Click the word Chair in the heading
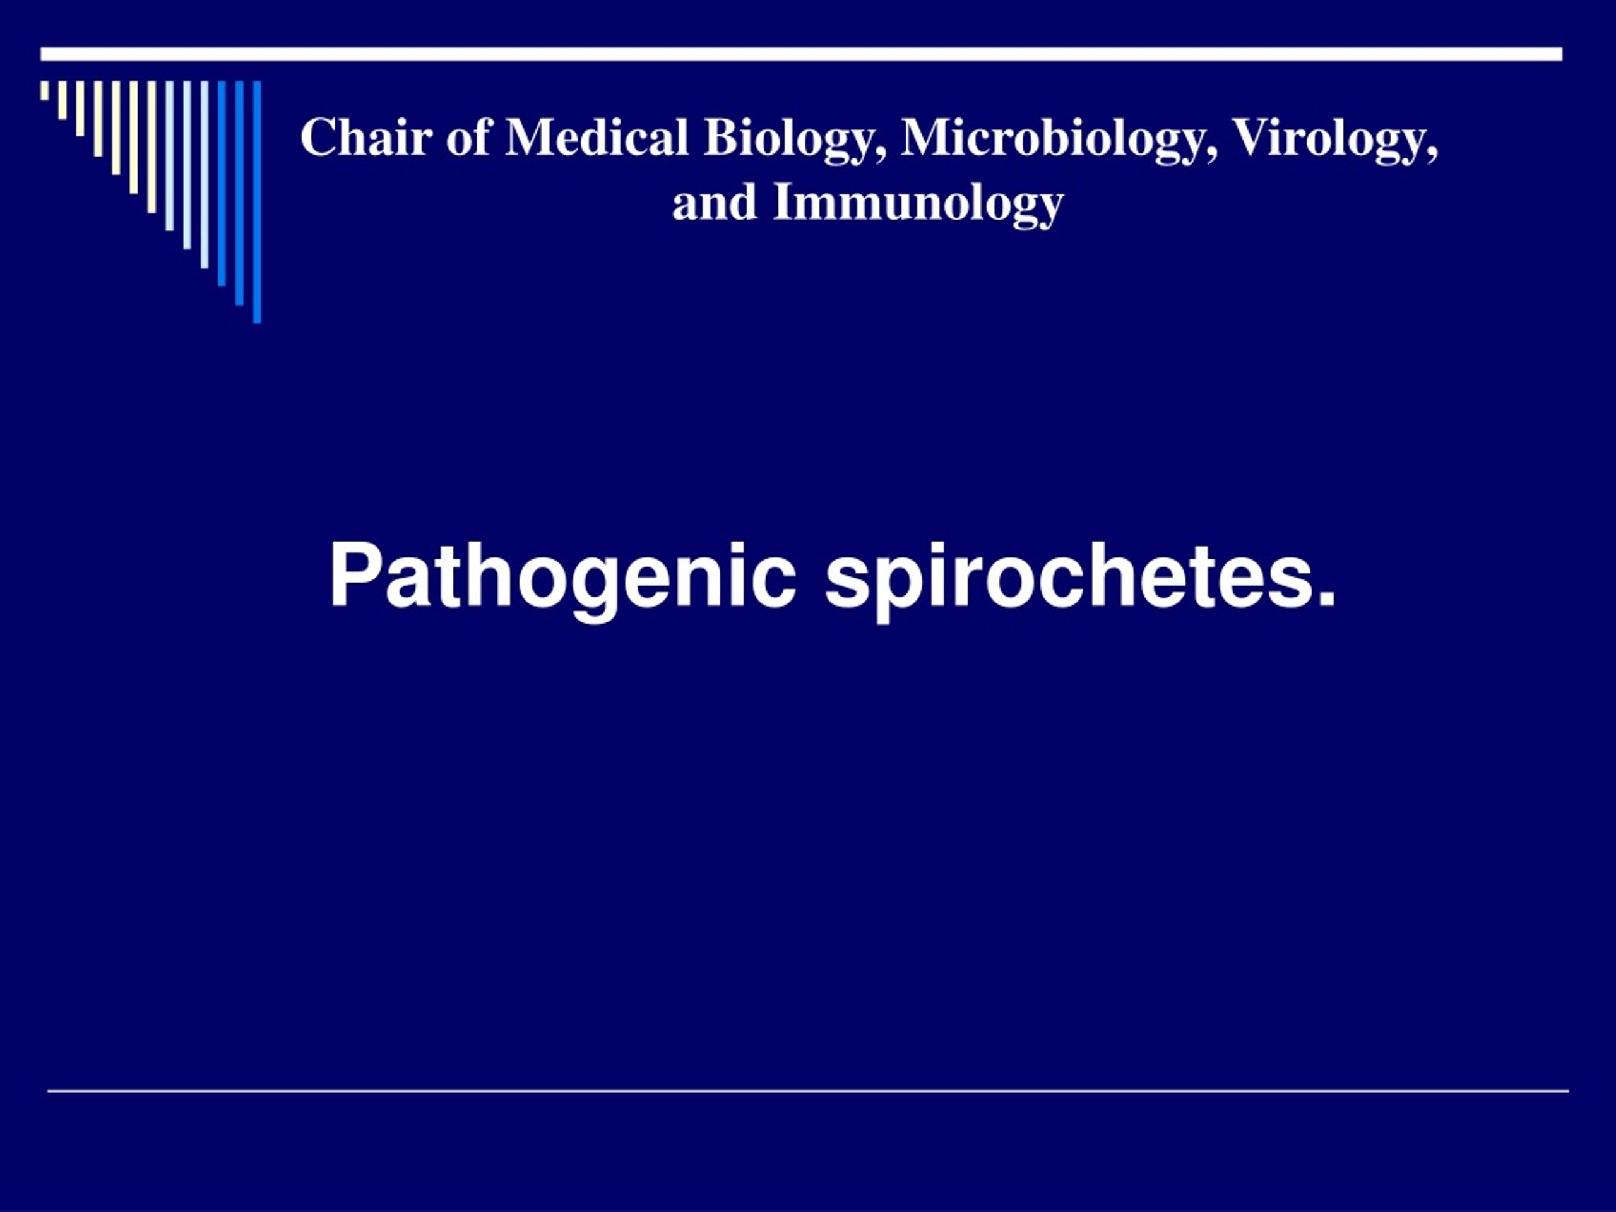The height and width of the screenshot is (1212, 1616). pyautogui.click(x=366, y=138)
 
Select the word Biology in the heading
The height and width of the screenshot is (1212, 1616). pyautogui.click(x=795, y=139)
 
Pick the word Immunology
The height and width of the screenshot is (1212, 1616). pyautogui.click(x=918, y=203)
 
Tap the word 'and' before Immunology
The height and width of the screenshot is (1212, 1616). pyautogui.click(x=714, y=203)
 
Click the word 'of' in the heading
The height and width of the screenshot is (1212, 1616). pyautogui.click(x=468, y=138)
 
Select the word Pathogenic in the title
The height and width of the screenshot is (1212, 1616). pyautogui.click(x=562, y=578)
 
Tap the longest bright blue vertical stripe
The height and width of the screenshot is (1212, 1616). pyautogui.click(x=257, y=201)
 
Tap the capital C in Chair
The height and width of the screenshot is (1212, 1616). pyautogui.click(x=317, y=138)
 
